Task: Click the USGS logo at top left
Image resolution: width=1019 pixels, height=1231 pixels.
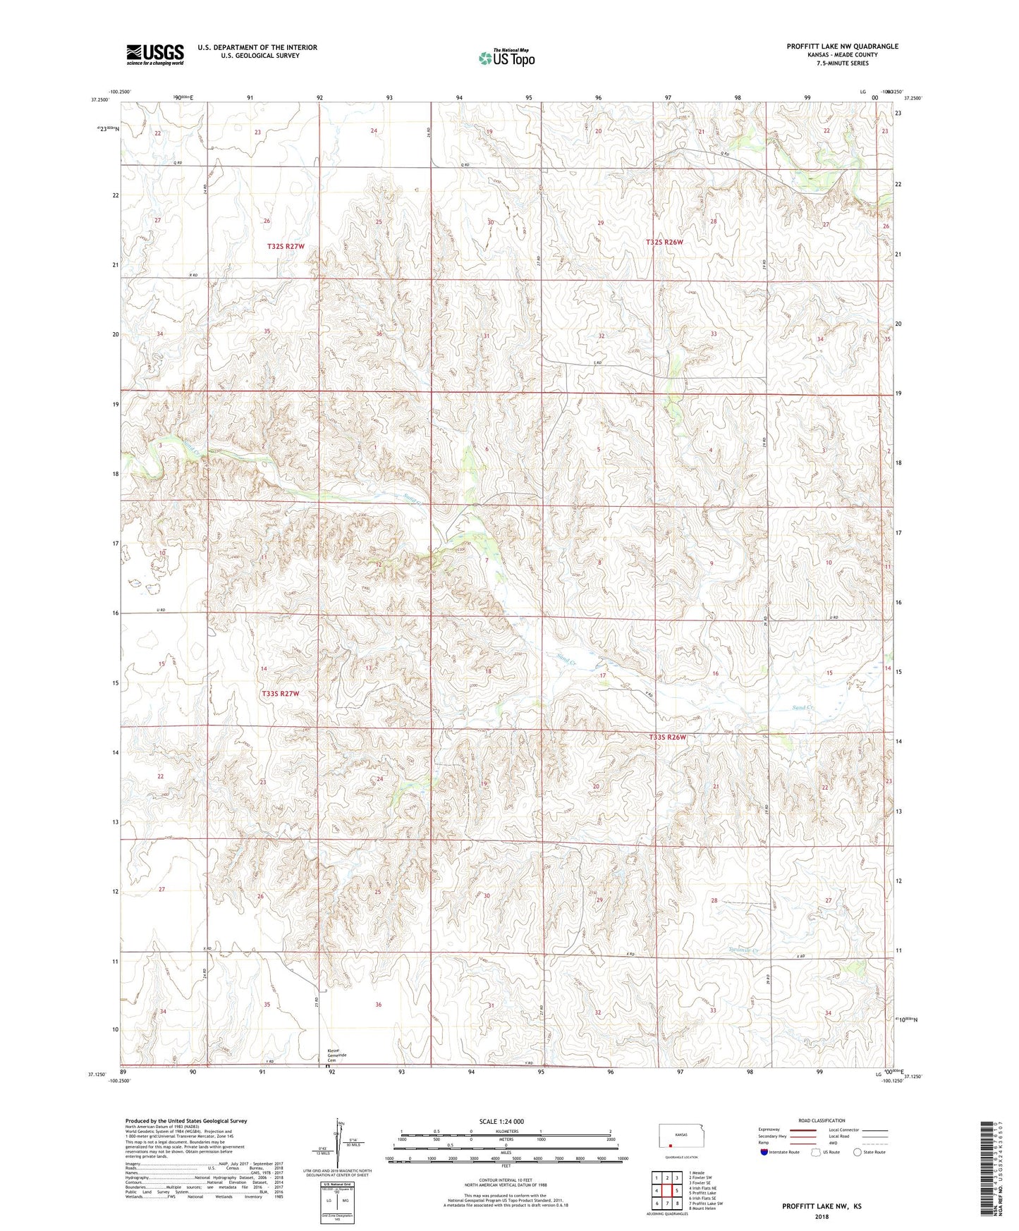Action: point(154,54)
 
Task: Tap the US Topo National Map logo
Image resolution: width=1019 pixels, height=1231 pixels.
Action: point(506,57)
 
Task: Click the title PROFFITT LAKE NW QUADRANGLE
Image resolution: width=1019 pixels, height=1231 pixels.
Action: point(842,47)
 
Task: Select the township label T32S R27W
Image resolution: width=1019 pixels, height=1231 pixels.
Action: point(286,246)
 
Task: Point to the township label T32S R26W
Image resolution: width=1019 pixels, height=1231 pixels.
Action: point(664,242)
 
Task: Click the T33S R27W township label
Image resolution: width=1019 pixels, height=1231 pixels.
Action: point(281,694)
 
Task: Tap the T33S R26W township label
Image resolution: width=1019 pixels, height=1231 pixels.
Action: point(666,737)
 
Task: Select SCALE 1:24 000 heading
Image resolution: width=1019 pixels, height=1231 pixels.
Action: point(501,1121)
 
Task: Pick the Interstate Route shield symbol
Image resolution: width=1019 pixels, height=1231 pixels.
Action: point(764,1152)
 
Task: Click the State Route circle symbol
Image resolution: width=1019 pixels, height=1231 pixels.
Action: point(858,1152)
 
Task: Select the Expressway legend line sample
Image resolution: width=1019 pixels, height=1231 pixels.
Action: point(803,1129)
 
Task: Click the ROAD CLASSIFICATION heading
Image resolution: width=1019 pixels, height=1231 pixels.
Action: point(822,1120)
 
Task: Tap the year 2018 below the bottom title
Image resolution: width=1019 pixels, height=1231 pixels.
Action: point(821,1216)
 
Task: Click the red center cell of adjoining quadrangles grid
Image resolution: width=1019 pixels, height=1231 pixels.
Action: point(666,1191)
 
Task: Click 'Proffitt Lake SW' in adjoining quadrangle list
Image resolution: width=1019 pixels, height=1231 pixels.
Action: point(705,1204)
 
